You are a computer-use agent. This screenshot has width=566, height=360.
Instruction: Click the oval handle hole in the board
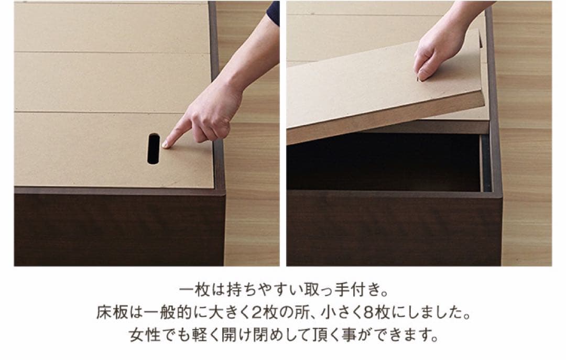point(154,149)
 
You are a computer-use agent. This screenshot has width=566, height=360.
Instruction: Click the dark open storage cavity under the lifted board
point(383,162)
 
